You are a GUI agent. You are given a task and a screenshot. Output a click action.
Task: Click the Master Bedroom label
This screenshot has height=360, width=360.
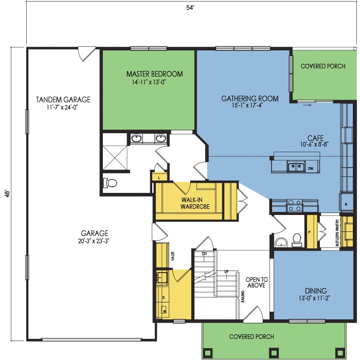click(x=154, y=74)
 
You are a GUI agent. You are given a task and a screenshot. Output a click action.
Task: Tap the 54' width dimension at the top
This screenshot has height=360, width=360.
click(x=190, y=8)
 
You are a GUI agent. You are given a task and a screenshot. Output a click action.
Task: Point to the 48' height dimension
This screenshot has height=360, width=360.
click(x=7, y=193)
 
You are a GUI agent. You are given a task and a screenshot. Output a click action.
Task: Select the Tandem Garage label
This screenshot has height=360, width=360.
click(x=63, y=100)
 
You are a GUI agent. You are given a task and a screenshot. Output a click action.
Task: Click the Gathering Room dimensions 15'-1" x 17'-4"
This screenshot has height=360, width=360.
click(x=247, y=105)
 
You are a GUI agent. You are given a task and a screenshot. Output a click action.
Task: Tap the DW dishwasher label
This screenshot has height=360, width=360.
click(x=311, y=169)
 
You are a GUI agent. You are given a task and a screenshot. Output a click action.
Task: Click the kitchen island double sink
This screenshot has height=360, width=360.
click(x=296, y=167)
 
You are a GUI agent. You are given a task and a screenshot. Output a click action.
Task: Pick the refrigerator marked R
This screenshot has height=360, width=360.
click(x=346, y=202)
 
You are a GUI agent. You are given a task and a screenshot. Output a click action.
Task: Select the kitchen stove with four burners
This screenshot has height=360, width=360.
click(x=295, y=205)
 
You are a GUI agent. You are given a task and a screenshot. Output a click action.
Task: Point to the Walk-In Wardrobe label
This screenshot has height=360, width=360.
click(x=195, y=203)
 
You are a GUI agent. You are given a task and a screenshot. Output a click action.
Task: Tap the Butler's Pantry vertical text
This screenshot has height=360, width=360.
click(x=337, y=233)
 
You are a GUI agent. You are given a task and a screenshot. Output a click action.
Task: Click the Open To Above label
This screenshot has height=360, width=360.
click(x=257, y=282)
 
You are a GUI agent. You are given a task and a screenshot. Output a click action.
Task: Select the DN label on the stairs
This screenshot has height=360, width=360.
click(x=204, y=254)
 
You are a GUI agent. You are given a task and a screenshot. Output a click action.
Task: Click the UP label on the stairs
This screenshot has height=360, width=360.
click(x=226, y=272)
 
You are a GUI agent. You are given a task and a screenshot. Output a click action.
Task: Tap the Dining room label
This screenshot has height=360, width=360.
click(x=316, y=291)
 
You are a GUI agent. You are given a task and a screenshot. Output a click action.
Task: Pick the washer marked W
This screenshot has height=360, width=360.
click(x=165, y=311)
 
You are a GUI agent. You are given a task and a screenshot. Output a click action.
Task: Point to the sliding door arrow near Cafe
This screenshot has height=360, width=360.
click(x=307, y=105)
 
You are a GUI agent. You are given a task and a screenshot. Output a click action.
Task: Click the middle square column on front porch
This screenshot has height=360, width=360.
click(x=274, y=352)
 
